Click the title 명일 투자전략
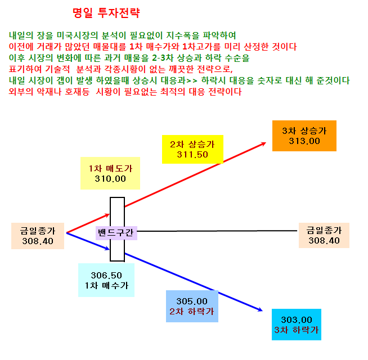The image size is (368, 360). click(x=106, y=13)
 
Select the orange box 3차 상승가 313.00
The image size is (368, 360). click(x=304, y=136)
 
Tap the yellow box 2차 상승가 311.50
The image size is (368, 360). click(x=192, y=149)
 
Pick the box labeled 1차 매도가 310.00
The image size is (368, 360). click(x=110, y=173)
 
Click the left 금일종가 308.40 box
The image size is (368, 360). click(x=38, y=236)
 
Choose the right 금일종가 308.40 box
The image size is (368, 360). click(x=324, y=235)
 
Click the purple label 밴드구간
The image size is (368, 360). click(x=116, y=232)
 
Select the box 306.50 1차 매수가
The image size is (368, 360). click(x=106, y=280)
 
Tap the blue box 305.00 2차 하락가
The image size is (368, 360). click(x=192, y=306)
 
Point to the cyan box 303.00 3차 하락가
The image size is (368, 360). click(x=297, y=325)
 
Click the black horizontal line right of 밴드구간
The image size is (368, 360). click(x=217, y=231)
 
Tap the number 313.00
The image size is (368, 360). click(x=304, y=141)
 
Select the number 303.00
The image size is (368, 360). click(x=297, y=320)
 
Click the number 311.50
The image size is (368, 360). click(x=192, y=155)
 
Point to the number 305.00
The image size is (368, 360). click(x=192, y=301)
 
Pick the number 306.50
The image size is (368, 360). click(x=106, y=275)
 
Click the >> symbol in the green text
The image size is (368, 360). click(x=192, y=80)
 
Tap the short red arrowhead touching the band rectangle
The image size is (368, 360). click(x=107, y=215)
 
